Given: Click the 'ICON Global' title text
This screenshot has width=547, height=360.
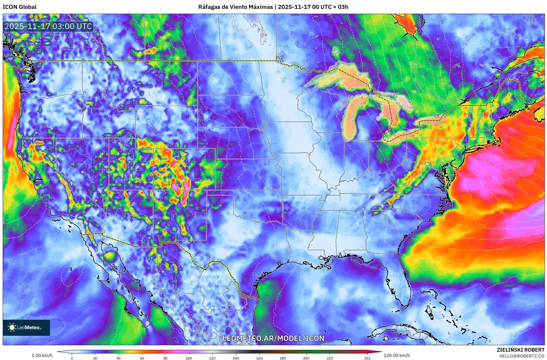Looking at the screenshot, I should click(x=19, y=7).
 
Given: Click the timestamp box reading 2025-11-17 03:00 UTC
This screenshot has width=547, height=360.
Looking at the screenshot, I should click(x=48, y=26).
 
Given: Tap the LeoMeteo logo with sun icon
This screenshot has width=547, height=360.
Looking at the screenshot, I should click(x=26, y=327).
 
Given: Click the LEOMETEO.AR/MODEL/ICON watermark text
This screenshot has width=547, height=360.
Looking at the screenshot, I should click(x=273, y=338).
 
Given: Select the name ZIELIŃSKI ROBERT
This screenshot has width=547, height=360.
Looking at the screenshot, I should click(x=520, y=350).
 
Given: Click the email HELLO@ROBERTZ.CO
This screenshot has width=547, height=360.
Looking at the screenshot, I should click(x=522, y=356).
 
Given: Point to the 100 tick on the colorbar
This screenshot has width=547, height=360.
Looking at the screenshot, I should click(x=189, y=358).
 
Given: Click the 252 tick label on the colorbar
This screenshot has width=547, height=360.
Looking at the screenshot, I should click(x=367, y=358).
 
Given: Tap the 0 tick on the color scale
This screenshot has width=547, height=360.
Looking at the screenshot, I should click(x=72, y=358).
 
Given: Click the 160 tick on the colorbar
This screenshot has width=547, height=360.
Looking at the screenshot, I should click(x=259, y=358).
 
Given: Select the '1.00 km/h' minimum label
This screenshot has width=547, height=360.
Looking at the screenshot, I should click(x=42, y=355).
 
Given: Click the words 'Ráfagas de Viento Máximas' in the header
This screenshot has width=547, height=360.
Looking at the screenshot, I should click(x=235, y=7).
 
